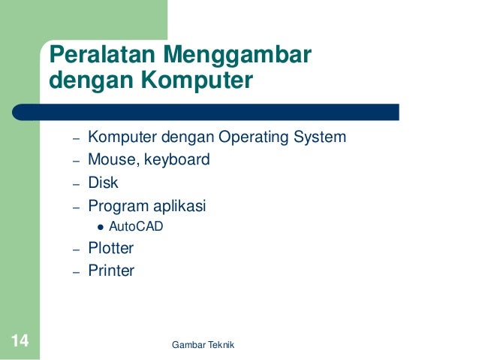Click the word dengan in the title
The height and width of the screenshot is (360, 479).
pyautogui.click(x=86, y=79)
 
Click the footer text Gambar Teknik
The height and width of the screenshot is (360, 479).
pyautogui.click(x=203, y=344)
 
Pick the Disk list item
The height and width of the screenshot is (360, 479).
pyautogui.click(x=103, y=183)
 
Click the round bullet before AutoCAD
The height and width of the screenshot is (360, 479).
pyautogui.click(x=100, y=226)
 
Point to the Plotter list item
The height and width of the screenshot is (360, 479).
pyautogui.click(x=110, y=248)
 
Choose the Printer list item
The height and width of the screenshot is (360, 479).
pyautogui.click(x=111, y=271)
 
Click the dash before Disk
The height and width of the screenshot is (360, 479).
pyautogui.click(x=76, y=184)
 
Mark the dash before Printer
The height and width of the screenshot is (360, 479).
pyautogui.click(x=76, y=272)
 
